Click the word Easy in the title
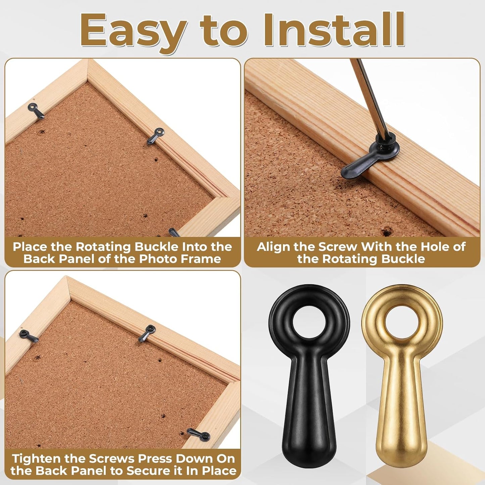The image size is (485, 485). point(133,32)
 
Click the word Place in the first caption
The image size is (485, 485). point(30,247)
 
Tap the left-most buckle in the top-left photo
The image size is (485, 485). point(36,111)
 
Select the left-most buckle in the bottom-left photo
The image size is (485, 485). point(29,336)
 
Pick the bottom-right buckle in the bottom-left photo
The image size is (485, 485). point(199,435)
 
